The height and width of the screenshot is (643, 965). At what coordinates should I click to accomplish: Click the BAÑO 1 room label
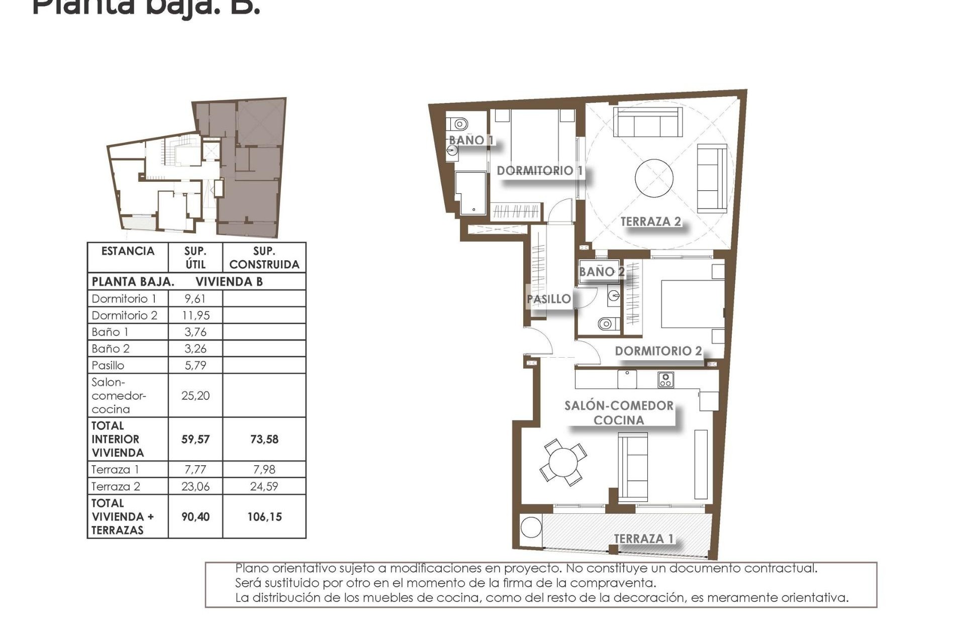click(x=471, y=140)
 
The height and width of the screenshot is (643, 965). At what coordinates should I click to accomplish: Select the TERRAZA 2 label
click(x=650, y=222)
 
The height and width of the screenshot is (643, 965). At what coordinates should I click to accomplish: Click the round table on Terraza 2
click(x=654, y=178)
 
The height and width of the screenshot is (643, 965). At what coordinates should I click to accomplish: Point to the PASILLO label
click(x=548, y=299)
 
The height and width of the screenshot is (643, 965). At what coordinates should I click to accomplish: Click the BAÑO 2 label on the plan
click(x=601, y=272)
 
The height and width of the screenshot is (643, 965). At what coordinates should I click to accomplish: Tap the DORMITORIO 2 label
click(x=658, y=351)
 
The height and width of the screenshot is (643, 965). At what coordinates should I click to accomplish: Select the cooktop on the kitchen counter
click(x=665, y=380)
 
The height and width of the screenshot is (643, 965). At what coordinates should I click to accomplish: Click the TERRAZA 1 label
click(x=643, y=539)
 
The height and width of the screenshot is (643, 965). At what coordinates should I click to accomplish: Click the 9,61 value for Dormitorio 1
click(x=195, y=299)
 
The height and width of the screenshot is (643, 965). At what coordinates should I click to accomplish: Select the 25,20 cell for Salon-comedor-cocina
click(x=195, y=396)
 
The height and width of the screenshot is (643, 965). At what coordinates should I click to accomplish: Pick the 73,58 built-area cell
click(x=264, y=440)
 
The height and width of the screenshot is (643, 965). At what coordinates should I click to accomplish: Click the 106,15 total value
click(x=264, y=517)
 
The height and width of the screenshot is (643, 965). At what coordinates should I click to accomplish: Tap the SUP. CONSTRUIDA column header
click(x=264, y=258)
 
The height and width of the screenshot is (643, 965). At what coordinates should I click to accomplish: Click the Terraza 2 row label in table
click(x=116, y=486)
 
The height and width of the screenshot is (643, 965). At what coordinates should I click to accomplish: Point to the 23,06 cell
click(x=195, y=486)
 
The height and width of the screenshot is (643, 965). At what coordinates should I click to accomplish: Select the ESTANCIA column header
click(x=128, y=251)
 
